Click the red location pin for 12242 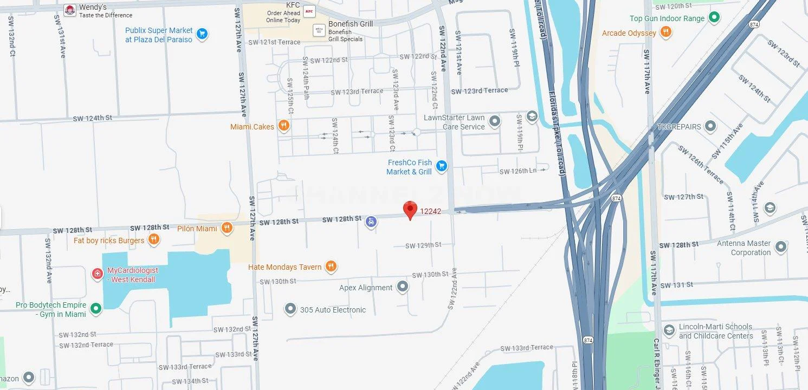(x=410, y=210)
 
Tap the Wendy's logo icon (x=69, y=10)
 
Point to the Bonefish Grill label (x=342, y=24)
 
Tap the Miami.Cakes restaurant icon (x=283, y=126)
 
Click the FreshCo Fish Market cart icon (x=442, y=166)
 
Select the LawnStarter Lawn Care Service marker (x=495, y=121)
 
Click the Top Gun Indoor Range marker (x=714, y=18)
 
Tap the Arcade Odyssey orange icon (x=666, y=32)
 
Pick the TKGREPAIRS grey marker (x=710, y=126)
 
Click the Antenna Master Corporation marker (x=780, y=248)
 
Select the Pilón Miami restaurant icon (x=227, y=228)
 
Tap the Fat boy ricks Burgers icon (x=154, y=239)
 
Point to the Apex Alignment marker (x=402, y=287)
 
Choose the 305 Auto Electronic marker (x=290, y=309)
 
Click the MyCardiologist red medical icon (x=98, y=274)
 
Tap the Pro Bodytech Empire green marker (x=96, y=309)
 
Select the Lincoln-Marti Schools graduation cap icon (x=669, y=330)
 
